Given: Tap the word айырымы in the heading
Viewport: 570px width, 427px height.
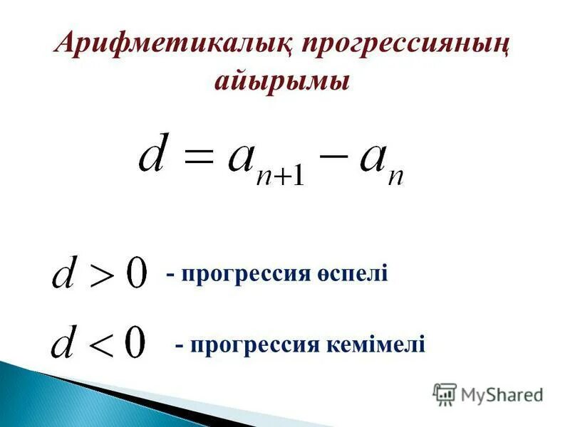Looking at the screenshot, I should (283, 80).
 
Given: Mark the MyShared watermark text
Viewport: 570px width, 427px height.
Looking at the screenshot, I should (502, 394).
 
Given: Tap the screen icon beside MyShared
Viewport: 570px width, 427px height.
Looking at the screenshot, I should (445, 394).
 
